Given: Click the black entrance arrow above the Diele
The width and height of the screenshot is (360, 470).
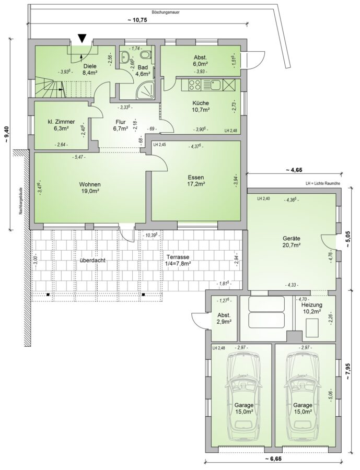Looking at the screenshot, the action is click(82, 38).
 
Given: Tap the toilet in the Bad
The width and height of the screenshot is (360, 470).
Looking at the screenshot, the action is click(145, 55).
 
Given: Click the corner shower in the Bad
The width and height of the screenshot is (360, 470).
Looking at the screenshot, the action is click(146, 90).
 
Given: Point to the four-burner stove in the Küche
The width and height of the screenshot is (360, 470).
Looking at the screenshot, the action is click(195, 85).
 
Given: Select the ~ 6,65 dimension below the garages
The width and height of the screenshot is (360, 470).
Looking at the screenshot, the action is click(273, 467).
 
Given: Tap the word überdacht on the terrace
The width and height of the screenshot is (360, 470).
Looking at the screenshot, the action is click(92, 261).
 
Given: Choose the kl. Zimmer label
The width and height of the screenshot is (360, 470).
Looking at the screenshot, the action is click(61, 125).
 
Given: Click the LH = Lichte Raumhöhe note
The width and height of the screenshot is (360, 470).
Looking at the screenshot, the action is click(322, 184).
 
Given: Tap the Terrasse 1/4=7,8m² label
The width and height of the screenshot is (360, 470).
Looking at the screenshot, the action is click(178, 260).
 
